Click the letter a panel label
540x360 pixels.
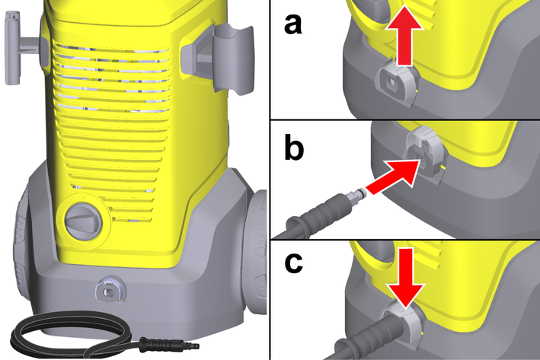293,25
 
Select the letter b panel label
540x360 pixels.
294,147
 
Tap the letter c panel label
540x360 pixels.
294,263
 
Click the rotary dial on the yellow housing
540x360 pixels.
84,221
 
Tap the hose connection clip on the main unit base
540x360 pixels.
110,289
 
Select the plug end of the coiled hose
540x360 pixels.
169,344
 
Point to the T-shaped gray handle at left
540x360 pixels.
21,47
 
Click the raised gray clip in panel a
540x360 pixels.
398,81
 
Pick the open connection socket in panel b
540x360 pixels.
425,155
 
